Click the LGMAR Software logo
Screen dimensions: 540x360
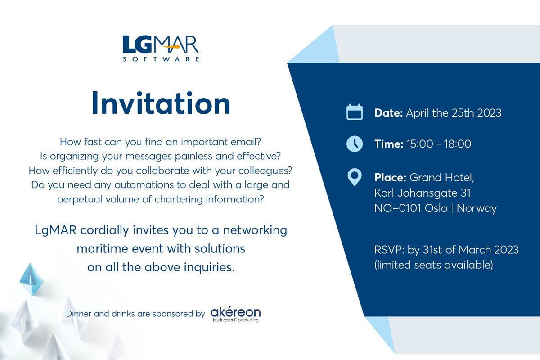pyautogui.click(x=161, y=49)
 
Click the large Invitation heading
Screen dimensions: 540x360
pyautogui.click(x=161, y=103)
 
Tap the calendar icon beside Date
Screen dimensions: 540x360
pyautogui.click(x=355, y=112)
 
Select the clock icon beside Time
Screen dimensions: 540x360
pyautogui.click(x=355, y=144)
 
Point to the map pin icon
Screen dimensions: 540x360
pyautogui.click(x=355, y=177)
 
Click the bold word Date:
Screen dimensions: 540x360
pyautogui.click(x=389, y=113)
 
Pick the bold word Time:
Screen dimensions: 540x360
pyautogui.click(x=389, y=144)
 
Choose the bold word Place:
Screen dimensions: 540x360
pyautogui.click(x=390, y=178)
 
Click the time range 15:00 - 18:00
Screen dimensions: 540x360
pyautogui.click(x=439, y=144)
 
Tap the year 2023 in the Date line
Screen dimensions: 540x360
pyautogui.click(x=489, y=113)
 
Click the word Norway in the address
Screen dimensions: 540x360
pyautogui.click(x=477, y=208)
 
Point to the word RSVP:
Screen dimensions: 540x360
pyautogui.click(x=389, y=250)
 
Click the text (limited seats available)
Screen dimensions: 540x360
pyautogui.click(x=434, y=265)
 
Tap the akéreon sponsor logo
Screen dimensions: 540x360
pyautogui.click(x=235, y=314)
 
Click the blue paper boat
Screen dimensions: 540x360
pyautogui.click(x=31, y=279)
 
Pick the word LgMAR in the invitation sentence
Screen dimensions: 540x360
pyautogui.click(x=56, y=230)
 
